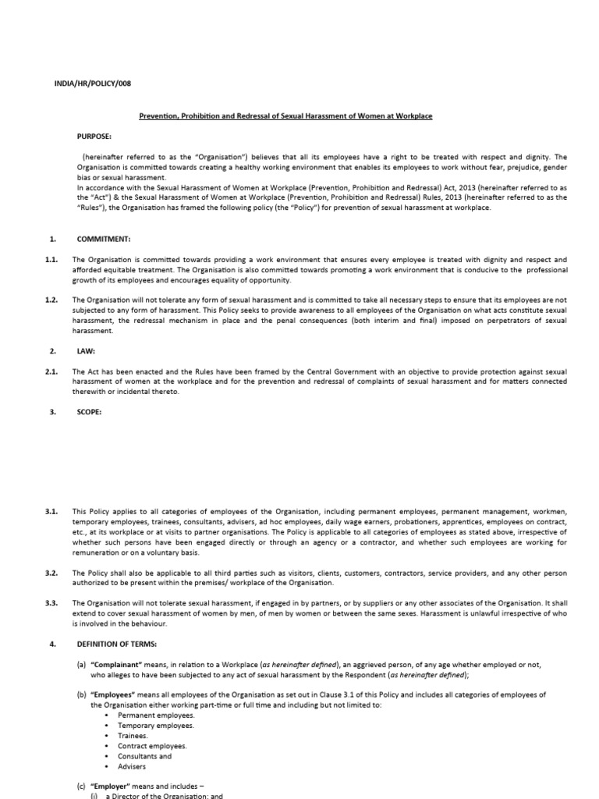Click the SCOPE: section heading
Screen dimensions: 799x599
(x=87, y=412)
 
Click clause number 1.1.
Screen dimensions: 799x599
(x=52, y=259)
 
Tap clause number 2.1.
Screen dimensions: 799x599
(x=52, y=371)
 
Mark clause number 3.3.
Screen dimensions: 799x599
(x=52, y=603)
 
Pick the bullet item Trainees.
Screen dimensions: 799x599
(x=132, y=736)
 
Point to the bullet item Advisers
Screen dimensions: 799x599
(x=132, y=766)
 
